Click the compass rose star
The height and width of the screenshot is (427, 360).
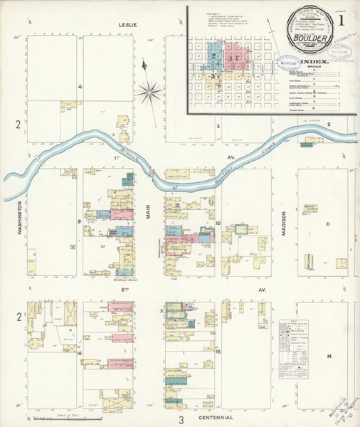[x=151, y=90]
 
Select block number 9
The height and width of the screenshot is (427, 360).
[x=80, y=222]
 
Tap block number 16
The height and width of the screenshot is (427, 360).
[x=80, y=352]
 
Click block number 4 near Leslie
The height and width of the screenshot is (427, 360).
[x=80, y=88]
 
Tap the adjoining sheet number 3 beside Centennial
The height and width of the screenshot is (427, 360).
[x=181, y=419]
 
